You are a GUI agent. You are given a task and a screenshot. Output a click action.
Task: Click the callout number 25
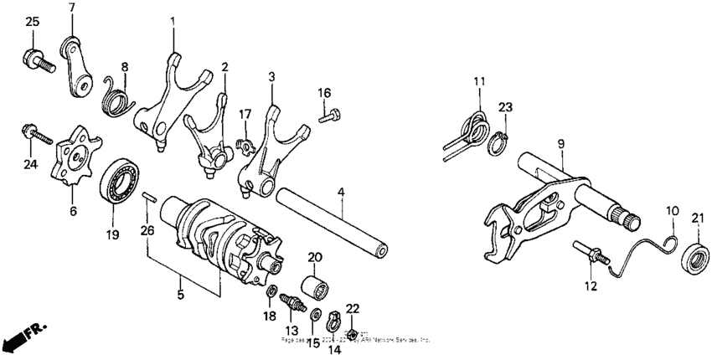[x=31, y=21]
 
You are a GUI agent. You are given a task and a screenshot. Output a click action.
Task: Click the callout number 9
[x=560, y=144]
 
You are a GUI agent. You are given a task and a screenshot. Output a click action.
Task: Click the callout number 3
[x=271, y=76]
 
